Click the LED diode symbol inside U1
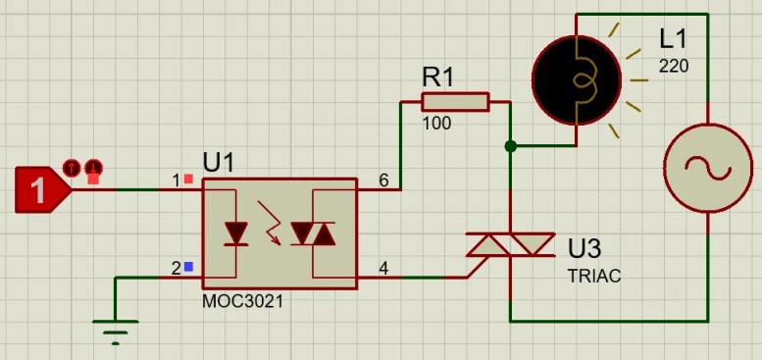tap(236, 233)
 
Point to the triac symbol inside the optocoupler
tap(313, 233)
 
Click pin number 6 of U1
tap(382, 180)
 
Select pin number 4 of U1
tap(382, 267)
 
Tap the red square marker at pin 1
tap(188, 180)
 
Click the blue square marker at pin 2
tap(188, 267)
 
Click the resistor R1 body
tap(455, 102)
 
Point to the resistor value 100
tap(436, 125)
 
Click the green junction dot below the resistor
tap(510, 146)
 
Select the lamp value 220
tap(674, 67)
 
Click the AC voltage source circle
tap(706, 168)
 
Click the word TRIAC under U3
tap(594, 277)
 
